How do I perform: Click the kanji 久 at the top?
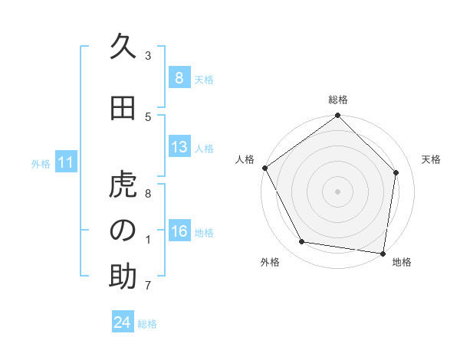click(x=123, y=47)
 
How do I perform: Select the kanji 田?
click(x=123, y=109)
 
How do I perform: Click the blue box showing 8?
click(x=179, y=78)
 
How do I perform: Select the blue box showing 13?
click(x=179, y=147)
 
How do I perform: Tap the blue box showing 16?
click(x=179, y=231)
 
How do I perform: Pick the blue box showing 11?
click(x=65, y=162)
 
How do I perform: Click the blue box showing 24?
click(x=123, y=322)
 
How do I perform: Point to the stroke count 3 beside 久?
click(x=148, y=55)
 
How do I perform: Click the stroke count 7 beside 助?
click(x=148, y=286)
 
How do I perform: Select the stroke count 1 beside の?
click(x=148, y=239)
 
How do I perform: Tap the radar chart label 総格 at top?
click(x=338, y=100)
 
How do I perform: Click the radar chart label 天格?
click(x=432, y=159)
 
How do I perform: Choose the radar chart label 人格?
click(x=245, y=159)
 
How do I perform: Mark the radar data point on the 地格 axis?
click(x=383, y=253)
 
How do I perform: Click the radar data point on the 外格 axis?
click(x=302, y=242)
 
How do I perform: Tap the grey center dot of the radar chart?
click(x=338, y=191)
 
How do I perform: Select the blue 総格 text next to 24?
click(x=147, y=324)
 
